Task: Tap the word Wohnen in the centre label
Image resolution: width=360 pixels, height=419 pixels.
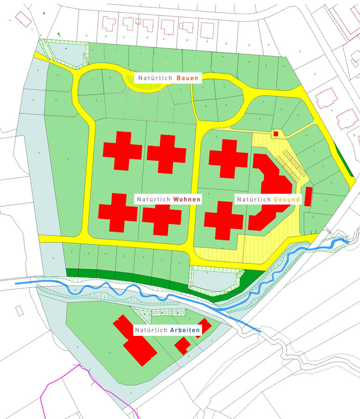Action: tap(186, 199)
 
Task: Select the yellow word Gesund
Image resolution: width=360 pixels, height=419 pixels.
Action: tap(287, 199)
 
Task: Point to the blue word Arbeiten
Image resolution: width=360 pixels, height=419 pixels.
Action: tap(184, 330)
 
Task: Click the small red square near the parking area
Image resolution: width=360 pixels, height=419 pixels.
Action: tap(276, 134)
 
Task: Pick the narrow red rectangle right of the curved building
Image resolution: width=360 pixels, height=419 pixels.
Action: tap(308, 196)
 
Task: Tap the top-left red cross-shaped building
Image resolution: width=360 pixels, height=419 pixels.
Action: tap(122, 150)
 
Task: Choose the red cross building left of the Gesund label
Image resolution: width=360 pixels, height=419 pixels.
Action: tap(224, 220)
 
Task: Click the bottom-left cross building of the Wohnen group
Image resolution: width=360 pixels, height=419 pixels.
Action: tap(118, 212)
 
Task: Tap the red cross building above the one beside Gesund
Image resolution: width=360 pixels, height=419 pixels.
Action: tap(229, 158)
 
